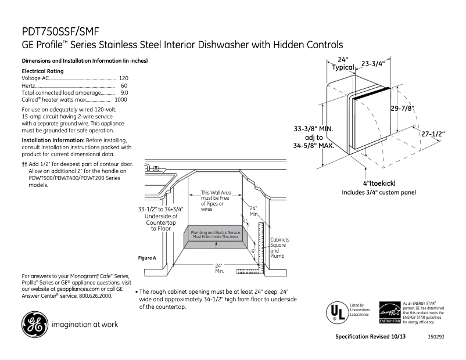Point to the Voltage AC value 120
pyautogui.click(x=123, y=78)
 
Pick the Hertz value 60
pyautogui.click(x=124, y=85)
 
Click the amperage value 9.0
pyautogui.click(x=124, y=92)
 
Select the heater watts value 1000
pyautogui.click(x=121, y=100)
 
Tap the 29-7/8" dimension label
pyautogui.click(x=402, y=108)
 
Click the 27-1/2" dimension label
pyautogui.click(x=433, y=134)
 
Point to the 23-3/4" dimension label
pyautogui.click(x=372, y=64)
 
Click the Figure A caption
pyautogui.click(x=147, y=258)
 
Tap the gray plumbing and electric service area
pyautogui.click(x=216, y=235)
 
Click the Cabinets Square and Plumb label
pyautogui.click(x=279, y=247)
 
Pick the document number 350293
pyautogui.click(x=436, y=337)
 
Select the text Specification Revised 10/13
pyautogui.click(x=371, y=337)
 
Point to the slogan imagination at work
pyautogui.click(x=85, y=325)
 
